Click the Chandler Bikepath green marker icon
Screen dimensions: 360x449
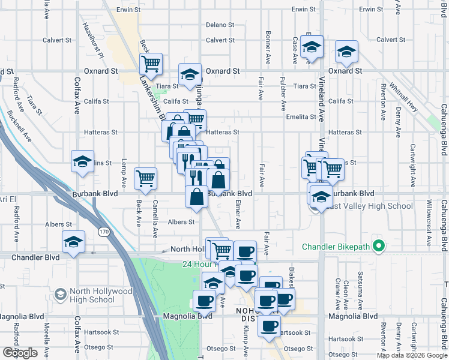pyautogui.click(x=378, y=247)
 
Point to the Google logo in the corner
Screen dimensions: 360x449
pyautogui.click(x=20, y=353)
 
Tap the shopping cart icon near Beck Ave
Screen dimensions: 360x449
pyautogui.click(x=146, y=178)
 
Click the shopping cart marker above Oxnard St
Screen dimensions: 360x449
pyautogui.click(x=151, y=64)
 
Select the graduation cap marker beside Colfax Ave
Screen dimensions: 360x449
pyautogui.click(x=82, y=161)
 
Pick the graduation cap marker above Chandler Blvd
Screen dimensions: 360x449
pyautogui.click(x=74, y=242)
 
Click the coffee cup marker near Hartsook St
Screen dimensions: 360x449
pyautogui.click(x=269, y=326)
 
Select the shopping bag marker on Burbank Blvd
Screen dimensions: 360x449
pyautogui.click(x=197, y=196)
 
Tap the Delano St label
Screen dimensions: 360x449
pyautogui.click(x=220, y=25)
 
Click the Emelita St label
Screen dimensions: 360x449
pyautogui.click(x=301, y=117)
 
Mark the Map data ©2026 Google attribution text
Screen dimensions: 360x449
pyautogui.click(x=412, y=355)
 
